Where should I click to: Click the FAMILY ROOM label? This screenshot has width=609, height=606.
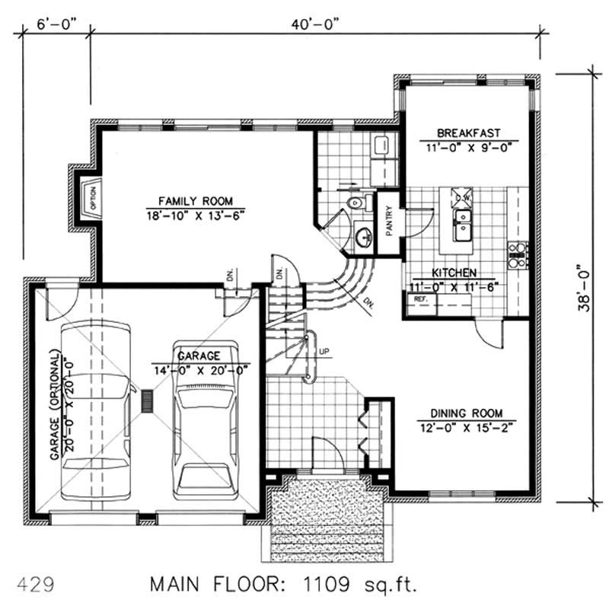click(x=195, y=200)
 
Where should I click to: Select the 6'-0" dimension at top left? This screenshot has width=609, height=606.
click(x=55, y=23)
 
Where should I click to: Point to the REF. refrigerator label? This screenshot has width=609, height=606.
click(x=419, y=300)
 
